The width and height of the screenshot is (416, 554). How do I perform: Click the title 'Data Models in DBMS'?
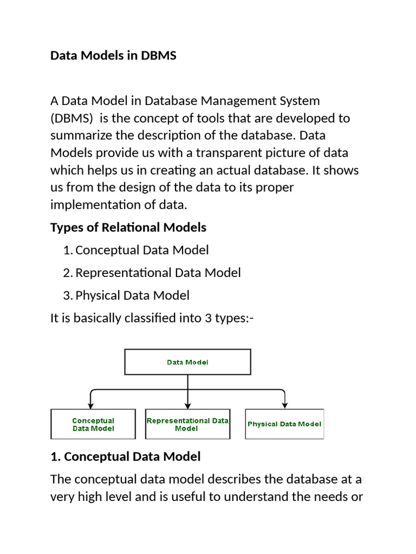[113, 56]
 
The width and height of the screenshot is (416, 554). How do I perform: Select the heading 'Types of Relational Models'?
[128, 227]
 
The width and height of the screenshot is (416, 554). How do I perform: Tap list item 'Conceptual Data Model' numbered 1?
[142, 250]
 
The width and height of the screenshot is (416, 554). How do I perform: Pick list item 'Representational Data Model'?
[158, 273]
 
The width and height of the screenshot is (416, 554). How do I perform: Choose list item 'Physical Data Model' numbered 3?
[133, 295]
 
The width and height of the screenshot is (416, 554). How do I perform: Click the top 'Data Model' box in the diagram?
[187, 362]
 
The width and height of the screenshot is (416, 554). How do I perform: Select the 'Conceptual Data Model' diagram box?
[93, 424]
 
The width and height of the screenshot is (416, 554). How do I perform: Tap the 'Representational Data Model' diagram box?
[187, 424]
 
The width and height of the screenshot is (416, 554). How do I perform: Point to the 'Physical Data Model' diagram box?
[284, 424]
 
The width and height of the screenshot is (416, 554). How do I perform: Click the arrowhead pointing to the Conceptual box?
[92, 405]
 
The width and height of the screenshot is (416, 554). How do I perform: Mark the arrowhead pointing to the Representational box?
[187, 405]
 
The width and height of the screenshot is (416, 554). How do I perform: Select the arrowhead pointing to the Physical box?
[284, 405]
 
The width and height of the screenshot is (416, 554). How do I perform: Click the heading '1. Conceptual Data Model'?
[125, 457]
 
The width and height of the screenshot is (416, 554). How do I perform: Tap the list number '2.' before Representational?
[67, 273]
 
